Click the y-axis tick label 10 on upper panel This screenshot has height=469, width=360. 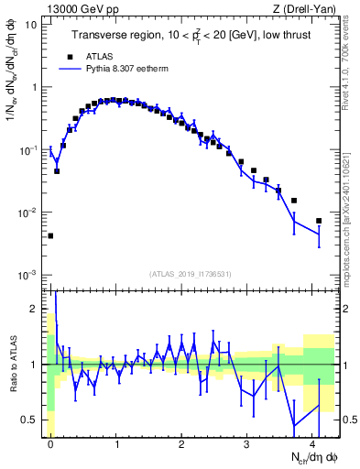click(x=31, y=25)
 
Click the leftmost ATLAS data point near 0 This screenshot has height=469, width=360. click(x=50, y=235)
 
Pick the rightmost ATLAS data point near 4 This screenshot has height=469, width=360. click(x=319, y=221)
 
